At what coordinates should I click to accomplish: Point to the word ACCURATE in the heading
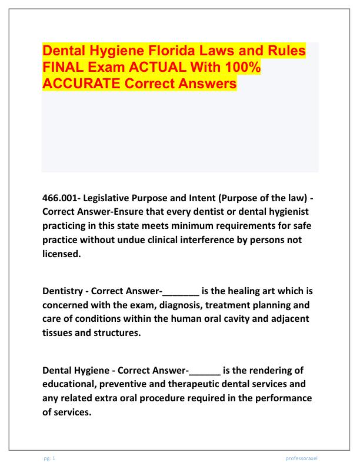[x=81, y=84]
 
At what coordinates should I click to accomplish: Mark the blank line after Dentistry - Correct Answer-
[x=180, y=290]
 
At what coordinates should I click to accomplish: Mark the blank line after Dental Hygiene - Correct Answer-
[x=204, y=371]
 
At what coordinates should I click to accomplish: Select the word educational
[x=72, y=385]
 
